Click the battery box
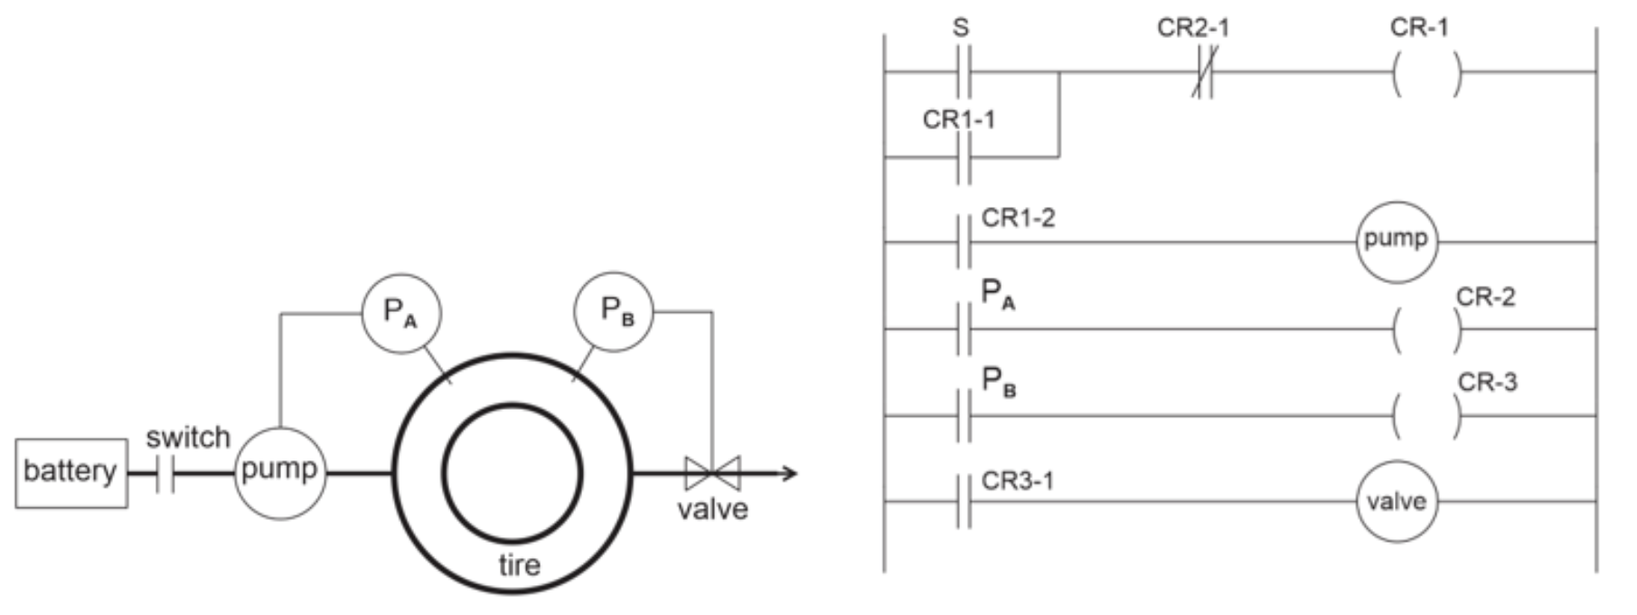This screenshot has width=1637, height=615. pos(71,472)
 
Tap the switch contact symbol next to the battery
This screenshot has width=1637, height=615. pos(165,473)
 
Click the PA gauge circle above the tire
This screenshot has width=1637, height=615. pos(400,312)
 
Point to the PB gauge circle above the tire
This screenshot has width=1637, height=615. pos(614,311)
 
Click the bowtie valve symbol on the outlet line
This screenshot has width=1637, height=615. pos(712,473)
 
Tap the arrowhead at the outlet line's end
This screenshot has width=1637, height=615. pos(789,473)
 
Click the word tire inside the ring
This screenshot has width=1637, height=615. pos(519,565)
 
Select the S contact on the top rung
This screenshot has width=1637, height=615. pos(963,71)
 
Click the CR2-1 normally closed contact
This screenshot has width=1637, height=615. pos(1201,72)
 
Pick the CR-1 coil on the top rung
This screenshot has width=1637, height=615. pos(1425,72)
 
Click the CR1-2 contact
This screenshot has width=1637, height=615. pos(963,242)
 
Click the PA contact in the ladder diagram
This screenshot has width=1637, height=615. pos(963,328)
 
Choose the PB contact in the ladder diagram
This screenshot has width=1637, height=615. pos(963,415)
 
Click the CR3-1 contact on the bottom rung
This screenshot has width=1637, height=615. pos(963,501)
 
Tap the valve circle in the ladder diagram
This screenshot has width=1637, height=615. pos(1397,501)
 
